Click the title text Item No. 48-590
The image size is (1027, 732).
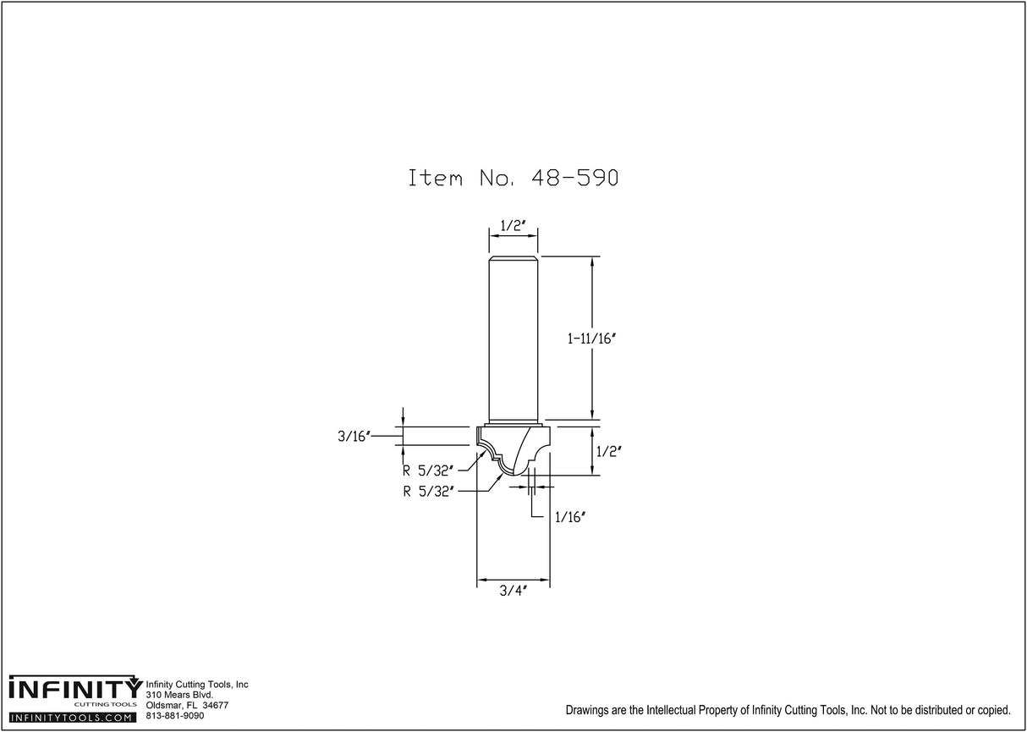(514, 179)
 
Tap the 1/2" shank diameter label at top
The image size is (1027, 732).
(513, 226)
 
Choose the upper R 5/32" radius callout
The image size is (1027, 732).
(429, 471)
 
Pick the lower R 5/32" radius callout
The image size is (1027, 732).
(429, 490)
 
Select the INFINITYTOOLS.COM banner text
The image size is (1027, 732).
(72, 718)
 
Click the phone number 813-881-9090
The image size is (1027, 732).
(175, 716)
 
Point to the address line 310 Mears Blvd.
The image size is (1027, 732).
(179, 695)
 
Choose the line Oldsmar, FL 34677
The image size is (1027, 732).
(187, 706)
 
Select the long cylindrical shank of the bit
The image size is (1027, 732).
(513, 338)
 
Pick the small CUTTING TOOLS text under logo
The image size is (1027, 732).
(106, 705)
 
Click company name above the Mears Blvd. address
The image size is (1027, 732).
(197, 685)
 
